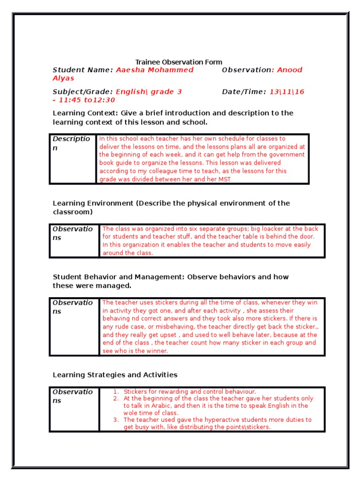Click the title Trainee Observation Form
(x=179, y=62)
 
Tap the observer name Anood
(x=290, y=70)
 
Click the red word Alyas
(x=63, y=78)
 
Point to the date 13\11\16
(x=287, y=92)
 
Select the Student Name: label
(x=82, y=70)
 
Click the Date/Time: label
(x=244, y=92)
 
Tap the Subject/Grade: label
(x=82, y=92)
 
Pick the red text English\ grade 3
(x=149, y=92)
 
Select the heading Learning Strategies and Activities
(x=115, y=375)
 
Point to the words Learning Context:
(x=85, y=113)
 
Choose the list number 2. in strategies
(x=116, y=398)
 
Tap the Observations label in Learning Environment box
(x=73, y=233)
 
